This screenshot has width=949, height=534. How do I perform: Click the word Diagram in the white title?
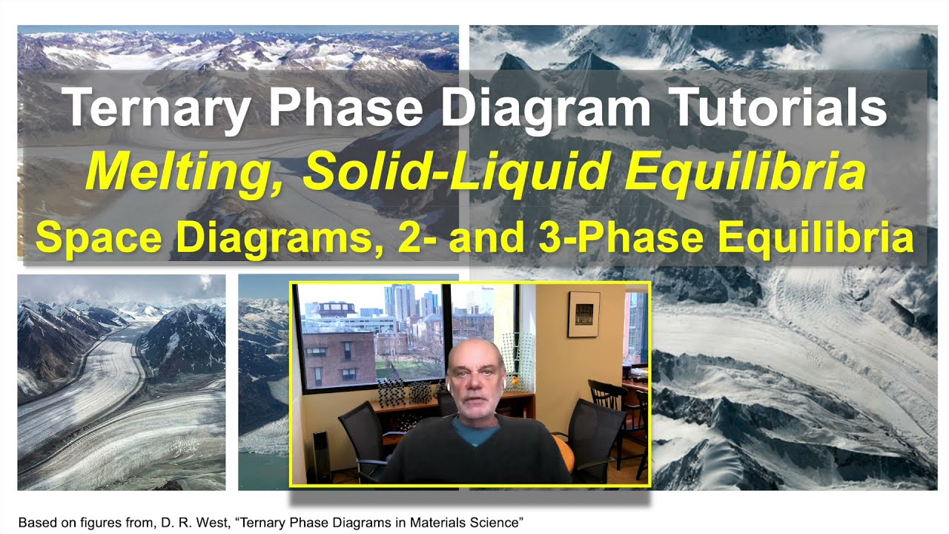click(549, 108)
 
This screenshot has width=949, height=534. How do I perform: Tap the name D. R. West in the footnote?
click(198, 522)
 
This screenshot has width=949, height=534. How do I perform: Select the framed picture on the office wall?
click(583, 314)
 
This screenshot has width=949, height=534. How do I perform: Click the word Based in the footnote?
click(36, 522)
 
